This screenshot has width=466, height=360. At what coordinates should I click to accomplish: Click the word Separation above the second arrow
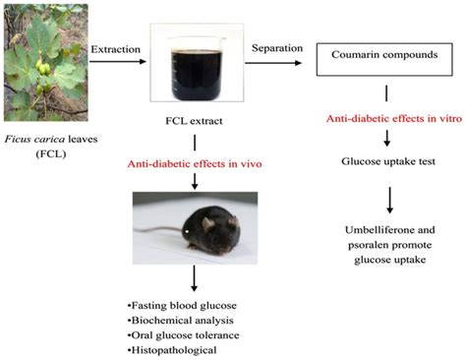click(278, 45)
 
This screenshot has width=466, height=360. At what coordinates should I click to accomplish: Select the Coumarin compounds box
click(387, 57)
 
